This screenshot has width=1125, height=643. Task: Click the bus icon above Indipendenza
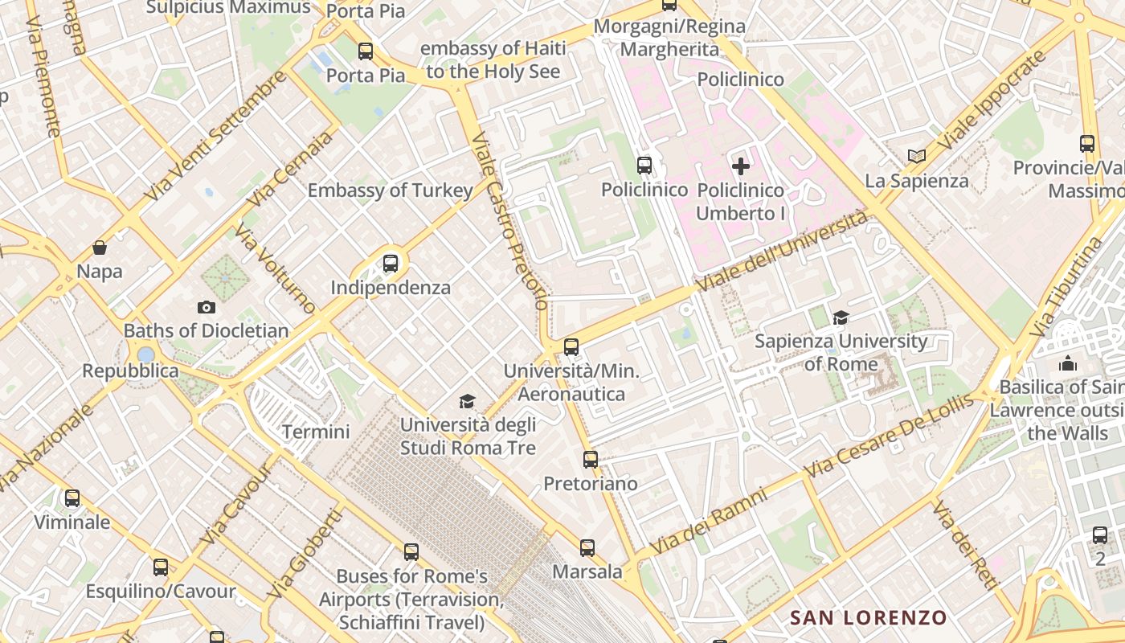[391, 263]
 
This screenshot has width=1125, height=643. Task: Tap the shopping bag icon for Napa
[100, 248]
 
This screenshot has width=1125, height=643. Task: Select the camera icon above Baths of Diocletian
[207, 307]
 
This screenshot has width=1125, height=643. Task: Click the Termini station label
[316, 432]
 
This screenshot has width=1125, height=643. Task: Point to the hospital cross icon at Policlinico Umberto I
[741, 166]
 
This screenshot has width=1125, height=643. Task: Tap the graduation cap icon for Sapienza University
[841, 317]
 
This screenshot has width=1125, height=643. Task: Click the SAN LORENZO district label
[869, 617]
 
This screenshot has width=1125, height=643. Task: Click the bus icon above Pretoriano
[591, 460]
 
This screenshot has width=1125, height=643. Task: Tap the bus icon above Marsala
[587, 548]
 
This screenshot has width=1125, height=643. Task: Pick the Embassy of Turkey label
[390, 190]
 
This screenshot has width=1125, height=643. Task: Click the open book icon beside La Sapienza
[917, 157]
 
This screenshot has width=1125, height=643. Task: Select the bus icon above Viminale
[72, 498]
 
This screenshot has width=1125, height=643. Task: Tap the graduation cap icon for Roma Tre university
[467, 401]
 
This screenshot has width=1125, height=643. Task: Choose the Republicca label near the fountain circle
[131, 371]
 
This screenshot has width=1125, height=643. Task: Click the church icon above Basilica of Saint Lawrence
[1068, 363]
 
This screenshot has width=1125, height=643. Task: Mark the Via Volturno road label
[274, 268]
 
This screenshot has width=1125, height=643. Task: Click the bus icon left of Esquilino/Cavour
[161, 567]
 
